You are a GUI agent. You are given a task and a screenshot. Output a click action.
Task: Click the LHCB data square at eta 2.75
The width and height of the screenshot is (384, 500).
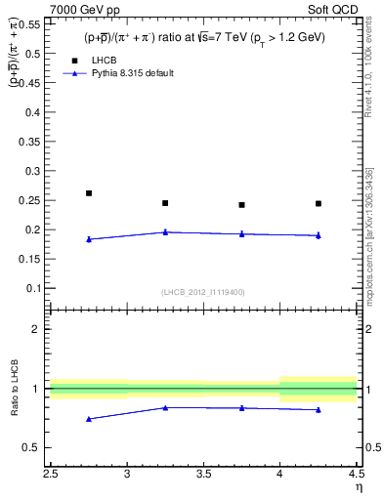pyautogui.click(x=89, y=193)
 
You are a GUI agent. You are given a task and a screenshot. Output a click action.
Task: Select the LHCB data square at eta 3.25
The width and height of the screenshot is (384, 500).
pyautogui.click(x=165, y=203)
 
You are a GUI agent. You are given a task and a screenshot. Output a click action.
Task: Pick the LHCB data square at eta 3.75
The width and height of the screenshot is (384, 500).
pyautogui.click(x=241, y=205)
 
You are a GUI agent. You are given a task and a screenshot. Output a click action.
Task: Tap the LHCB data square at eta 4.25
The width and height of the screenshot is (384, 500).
pyautogui.click(x=319, y=203)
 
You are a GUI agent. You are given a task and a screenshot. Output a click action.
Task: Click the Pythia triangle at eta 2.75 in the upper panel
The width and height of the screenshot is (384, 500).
pyautogui.click(x=89, y=238)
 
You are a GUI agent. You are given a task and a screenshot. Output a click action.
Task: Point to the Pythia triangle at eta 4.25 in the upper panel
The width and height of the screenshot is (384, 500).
pyautogui.click(x=319, y=235)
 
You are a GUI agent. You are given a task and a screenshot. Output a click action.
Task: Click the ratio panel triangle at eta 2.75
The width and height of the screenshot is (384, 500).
pyautogui.click(x=89, y=419)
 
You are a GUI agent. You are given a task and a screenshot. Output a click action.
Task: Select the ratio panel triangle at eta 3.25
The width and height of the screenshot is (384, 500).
pyautogui.click(x=165, y=407)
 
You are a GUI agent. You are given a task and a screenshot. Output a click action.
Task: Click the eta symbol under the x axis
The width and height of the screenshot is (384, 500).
pyautogui.click(x=357, y=487)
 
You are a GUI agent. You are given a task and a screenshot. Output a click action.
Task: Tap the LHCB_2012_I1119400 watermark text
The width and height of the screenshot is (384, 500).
pyautogui.click(x=203, y=292)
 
